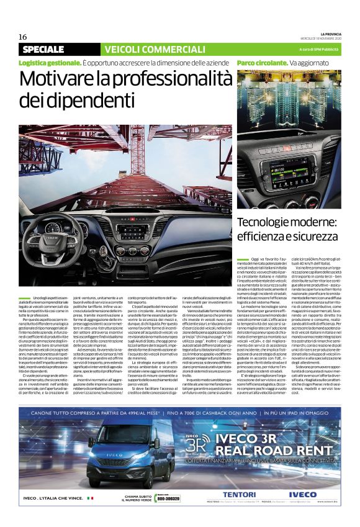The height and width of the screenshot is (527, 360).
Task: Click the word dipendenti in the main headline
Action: (69, 100)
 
